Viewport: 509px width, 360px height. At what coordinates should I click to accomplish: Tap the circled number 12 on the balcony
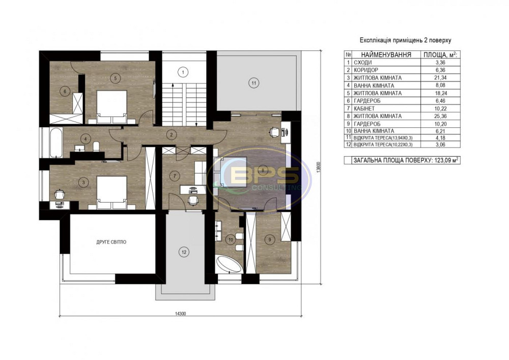pos(183,251)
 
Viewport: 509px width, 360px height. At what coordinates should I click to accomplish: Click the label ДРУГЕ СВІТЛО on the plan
pos(111,242)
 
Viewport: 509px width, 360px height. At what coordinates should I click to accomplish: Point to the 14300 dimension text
pos(179,314)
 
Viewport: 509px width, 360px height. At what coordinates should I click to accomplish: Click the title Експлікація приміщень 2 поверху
pos(399,39)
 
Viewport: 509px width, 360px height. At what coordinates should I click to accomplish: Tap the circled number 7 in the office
pos(174,176)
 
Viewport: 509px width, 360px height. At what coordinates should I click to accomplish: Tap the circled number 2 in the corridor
pos(172,135)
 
